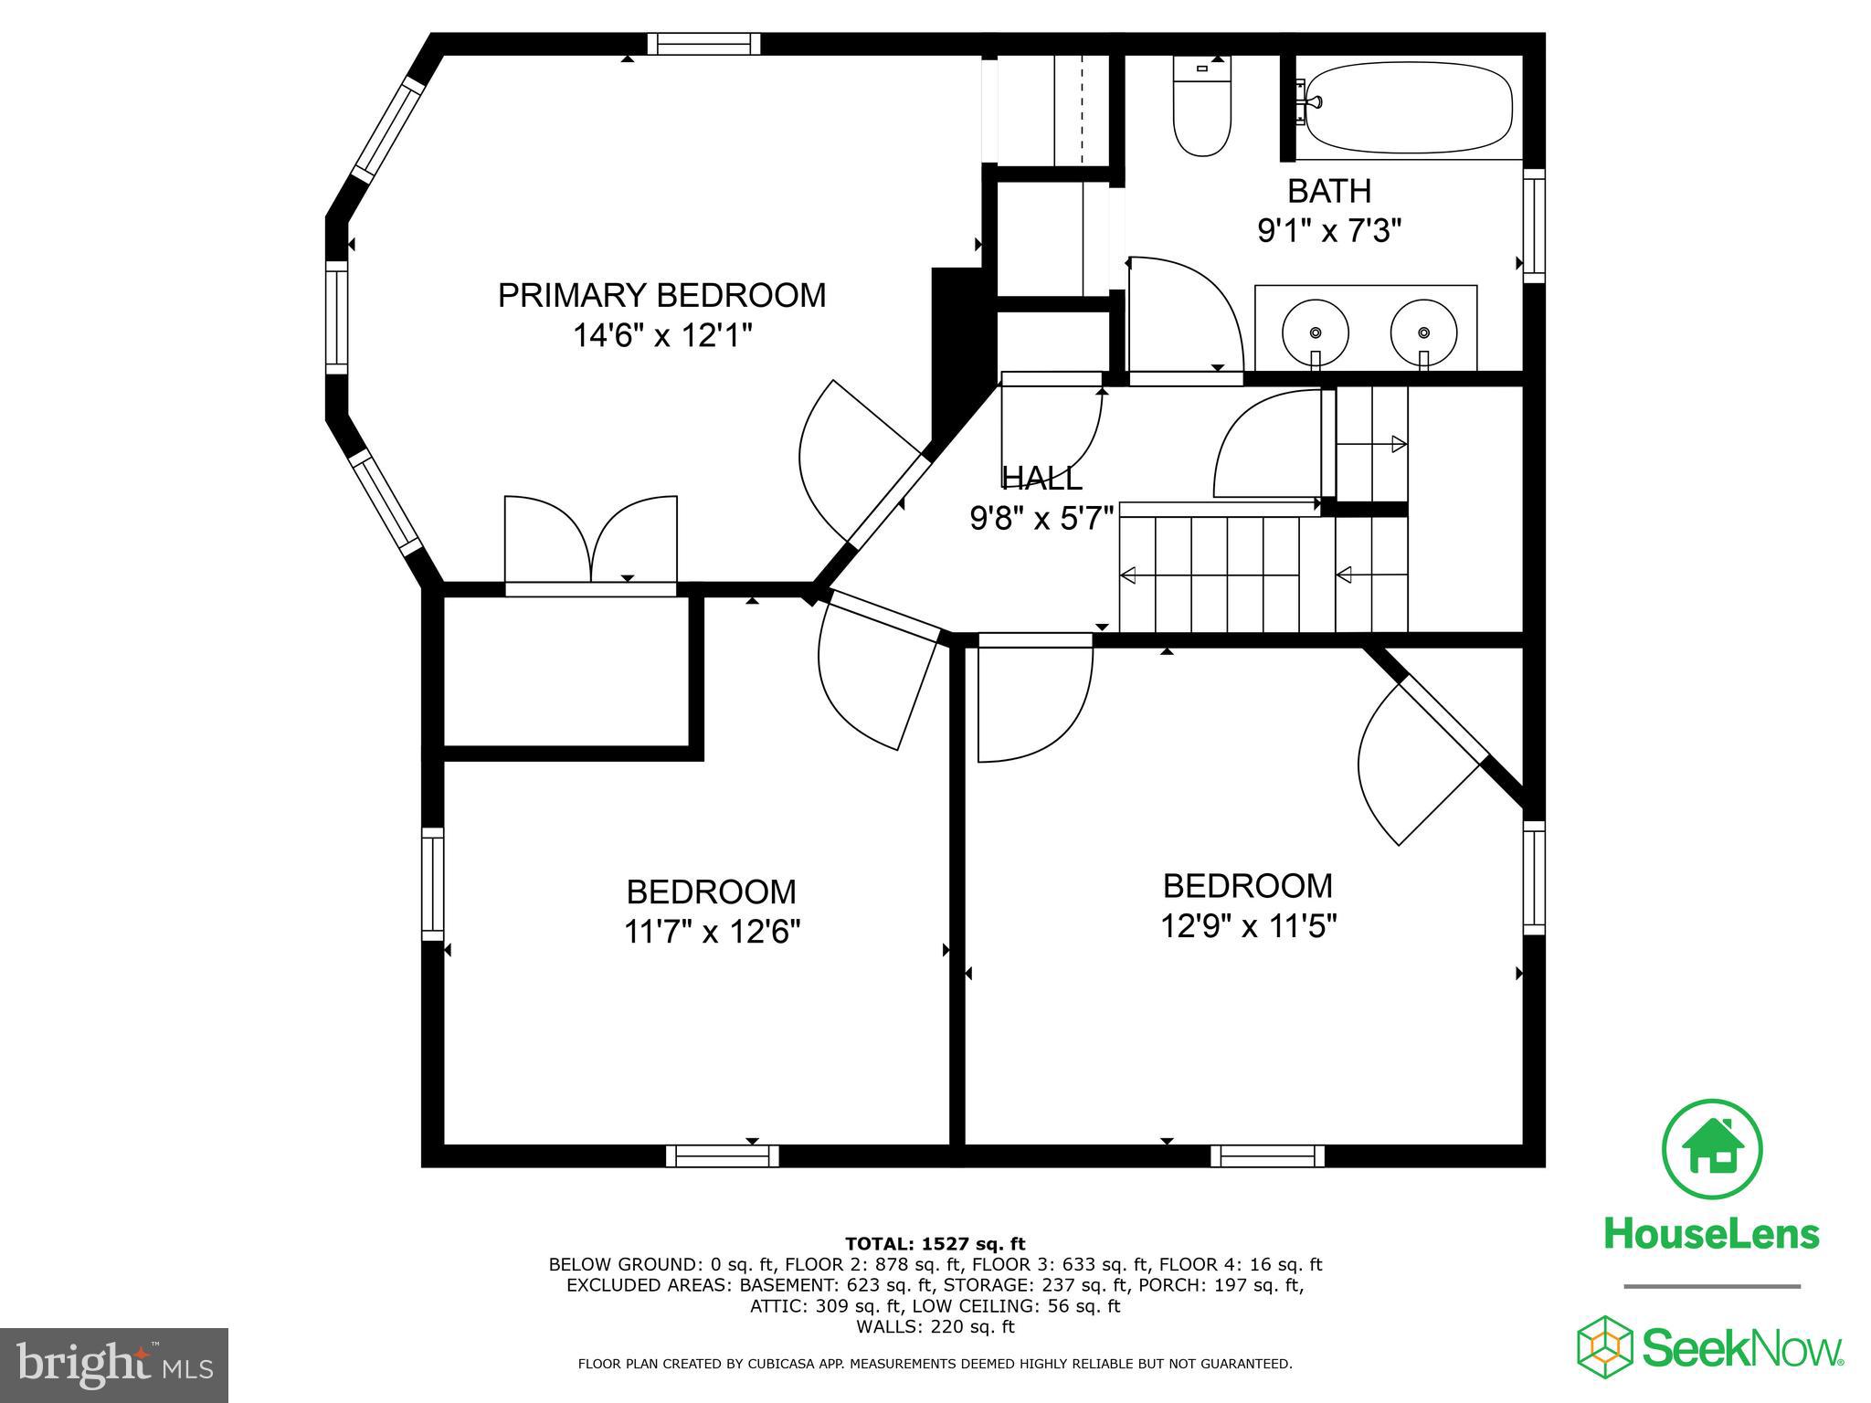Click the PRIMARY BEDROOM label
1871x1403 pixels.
661,296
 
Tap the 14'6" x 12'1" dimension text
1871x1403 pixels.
661,336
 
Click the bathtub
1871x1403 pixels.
1410,108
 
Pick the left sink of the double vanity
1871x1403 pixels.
1316,331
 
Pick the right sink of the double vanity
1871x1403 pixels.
1422,331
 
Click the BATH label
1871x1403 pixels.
1329,191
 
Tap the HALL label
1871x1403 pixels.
1041,478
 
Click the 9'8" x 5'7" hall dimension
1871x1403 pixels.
1041,519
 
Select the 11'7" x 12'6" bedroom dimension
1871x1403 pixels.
712,932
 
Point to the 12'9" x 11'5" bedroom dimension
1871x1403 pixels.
1248,926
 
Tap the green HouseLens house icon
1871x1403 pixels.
1712,1150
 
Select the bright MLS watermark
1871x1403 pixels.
114,1365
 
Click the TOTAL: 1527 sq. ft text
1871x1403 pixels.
935,1243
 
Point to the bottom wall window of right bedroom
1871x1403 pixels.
1267,1156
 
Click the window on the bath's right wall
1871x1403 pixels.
1534,226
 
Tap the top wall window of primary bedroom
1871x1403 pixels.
703,44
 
